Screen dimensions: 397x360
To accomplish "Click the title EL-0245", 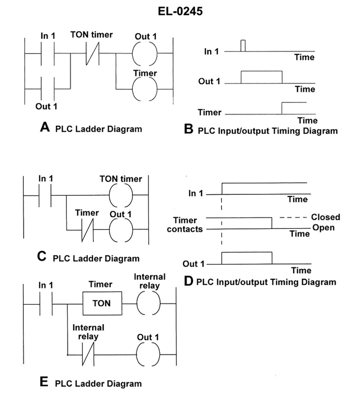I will click(x=180, y=11).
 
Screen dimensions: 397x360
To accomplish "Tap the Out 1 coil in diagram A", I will click(x=145, y=54).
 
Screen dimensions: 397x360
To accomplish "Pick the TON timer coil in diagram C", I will click(x=121, y=196).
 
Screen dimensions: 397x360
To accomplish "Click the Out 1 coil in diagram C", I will click(x=121, y=231).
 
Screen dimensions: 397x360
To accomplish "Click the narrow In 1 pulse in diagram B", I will click(x=243, y=46).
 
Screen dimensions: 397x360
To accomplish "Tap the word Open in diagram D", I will click(x=324, y=227).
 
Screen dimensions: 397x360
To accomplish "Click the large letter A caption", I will click(x=45, y=127).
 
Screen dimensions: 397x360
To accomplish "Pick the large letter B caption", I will click(x=189, y=130).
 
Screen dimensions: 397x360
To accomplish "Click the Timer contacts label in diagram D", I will click(x=185, y=224).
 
